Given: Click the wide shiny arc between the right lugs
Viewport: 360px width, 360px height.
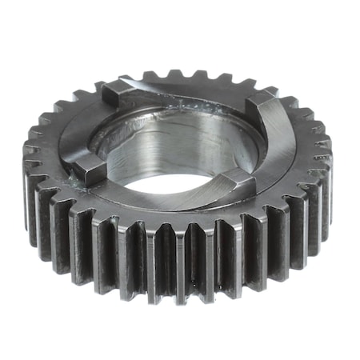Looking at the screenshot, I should click(x=280, y=144).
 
